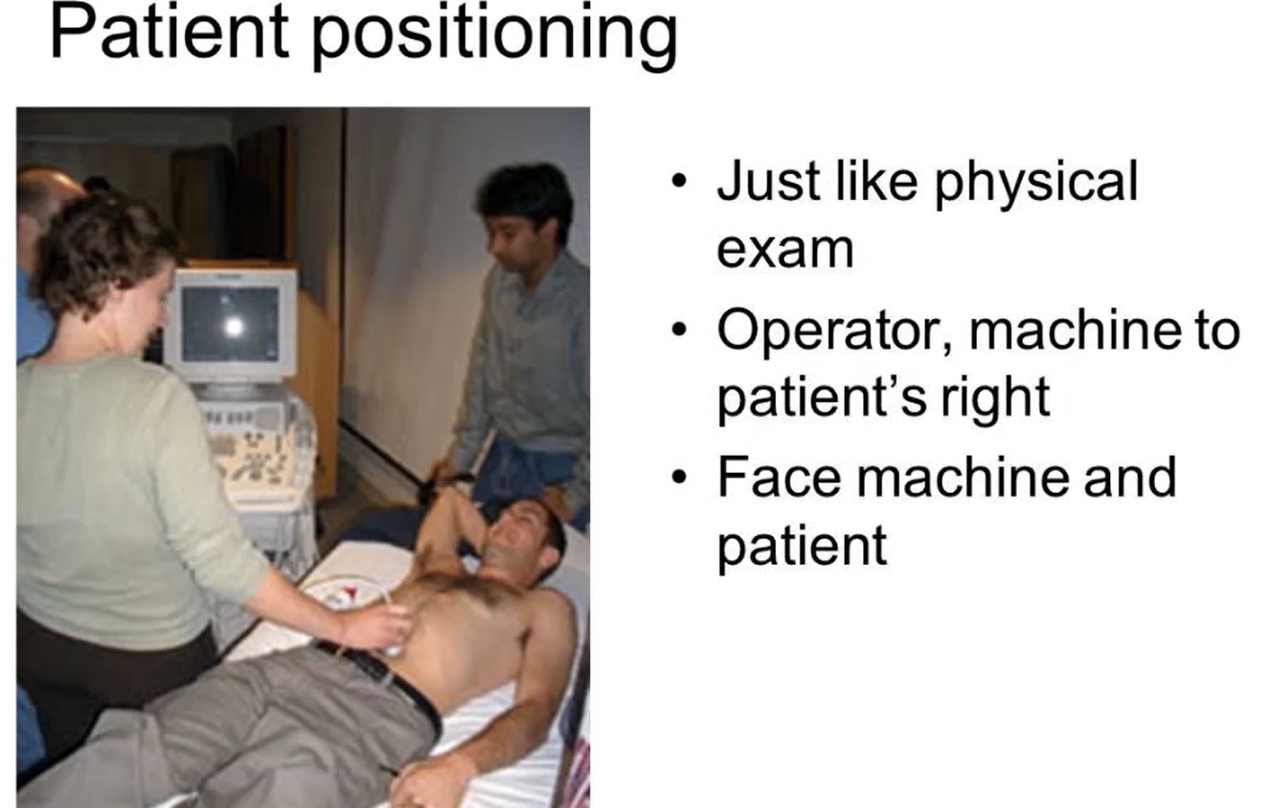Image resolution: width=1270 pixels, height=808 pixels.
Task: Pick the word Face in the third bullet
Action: pos(778,478)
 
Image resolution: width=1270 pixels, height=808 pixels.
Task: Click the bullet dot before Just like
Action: pos(679,184)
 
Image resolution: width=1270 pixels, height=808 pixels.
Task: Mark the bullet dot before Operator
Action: pos(679,332)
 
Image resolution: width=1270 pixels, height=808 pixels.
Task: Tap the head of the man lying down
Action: pos(523,540)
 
